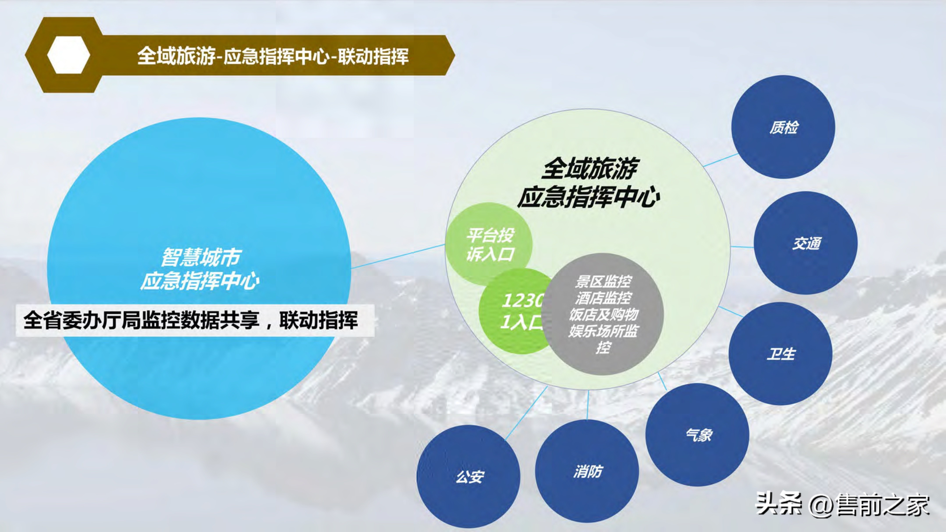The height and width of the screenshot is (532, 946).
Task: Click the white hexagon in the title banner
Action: (69, 55)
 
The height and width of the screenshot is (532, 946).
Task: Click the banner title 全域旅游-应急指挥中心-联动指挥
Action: (272, 56)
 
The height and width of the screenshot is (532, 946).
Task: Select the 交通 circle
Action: (806, 243)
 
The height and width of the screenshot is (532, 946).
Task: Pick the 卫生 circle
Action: (780, 354)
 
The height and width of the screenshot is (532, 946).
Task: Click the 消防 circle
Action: (587, 472)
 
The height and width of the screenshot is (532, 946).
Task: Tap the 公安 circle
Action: (469, 477)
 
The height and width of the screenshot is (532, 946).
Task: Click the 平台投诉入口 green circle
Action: (489, 244)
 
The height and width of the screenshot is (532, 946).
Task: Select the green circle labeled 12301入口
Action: (514, 312)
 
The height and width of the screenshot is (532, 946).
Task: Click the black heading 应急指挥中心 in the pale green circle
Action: (588, 197)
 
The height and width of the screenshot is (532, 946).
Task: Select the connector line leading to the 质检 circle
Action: (721, 160)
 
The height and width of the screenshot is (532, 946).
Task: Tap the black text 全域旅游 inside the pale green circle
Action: (589, 169)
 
